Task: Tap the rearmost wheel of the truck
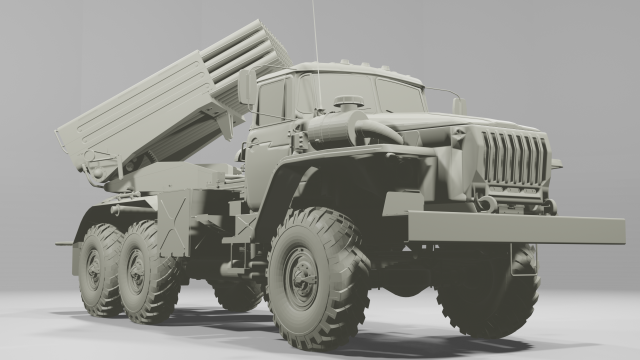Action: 100,268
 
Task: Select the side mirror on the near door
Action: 246,87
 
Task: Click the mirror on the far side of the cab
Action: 458,105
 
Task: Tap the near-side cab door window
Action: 271,103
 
